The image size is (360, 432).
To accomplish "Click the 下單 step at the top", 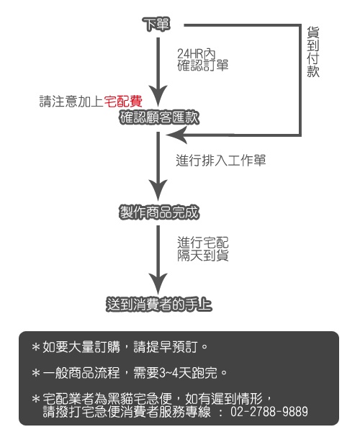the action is [156, 24].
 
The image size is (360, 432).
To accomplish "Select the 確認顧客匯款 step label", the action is [159, 117].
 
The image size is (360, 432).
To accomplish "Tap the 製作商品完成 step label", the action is [159, 212].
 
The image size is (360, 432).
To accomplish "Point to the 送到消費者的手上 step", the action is [159, 305].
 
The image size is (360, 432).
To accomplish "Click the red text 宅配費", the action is [123, 101].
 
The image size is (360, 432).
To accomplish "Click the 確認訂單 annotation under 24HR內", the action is [203, 66].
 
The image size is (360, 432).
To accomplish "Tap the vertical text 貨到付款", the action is [313, 52].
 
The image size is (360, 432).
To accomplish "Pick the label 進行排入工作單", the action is [221, 161].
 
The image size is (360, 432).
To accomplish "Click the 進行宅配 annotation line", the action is [203, 243].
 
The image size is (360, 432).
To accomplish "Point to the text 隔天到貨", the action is [203, 256].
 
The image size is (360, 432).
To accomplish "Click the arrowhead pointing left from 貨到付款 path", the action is [176, 135].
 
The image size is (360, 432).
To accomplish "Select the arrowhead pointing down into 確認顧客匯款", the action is [158, 96].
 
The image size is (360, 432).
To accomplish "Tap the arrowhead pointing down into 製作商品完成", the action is [158, 190].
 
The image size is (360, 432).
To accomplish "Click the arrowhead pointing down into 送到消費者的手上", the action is [158, 284].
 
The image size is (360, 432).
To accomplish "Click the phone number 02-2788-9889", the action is [269, 412].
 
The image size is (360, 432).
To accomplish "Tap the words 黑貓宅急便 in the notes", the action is [140, 398].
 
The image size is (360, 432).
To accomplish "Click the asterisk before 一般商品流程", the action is [36, 373].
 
